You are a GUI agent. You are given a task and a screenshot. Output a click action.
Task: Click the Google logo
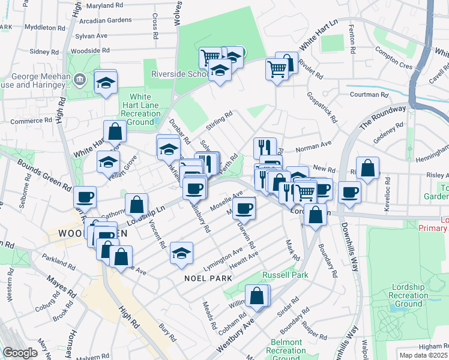(20, 353)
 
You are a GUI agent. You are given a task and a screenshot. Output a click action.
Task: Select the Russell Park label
(285, 275)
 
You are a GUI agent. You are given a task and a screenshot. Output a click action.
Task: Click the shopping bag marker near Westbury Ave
(257, 296)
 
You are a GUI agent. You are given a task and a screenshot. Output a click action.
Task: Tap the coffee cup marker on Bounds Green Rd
(85, 197)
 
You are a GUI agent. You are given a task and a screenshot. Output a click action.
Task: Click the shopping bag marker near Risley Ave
(367, 168)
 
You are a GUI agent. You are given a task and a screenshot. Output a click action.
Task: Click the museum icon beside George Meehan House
(80, 79)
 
